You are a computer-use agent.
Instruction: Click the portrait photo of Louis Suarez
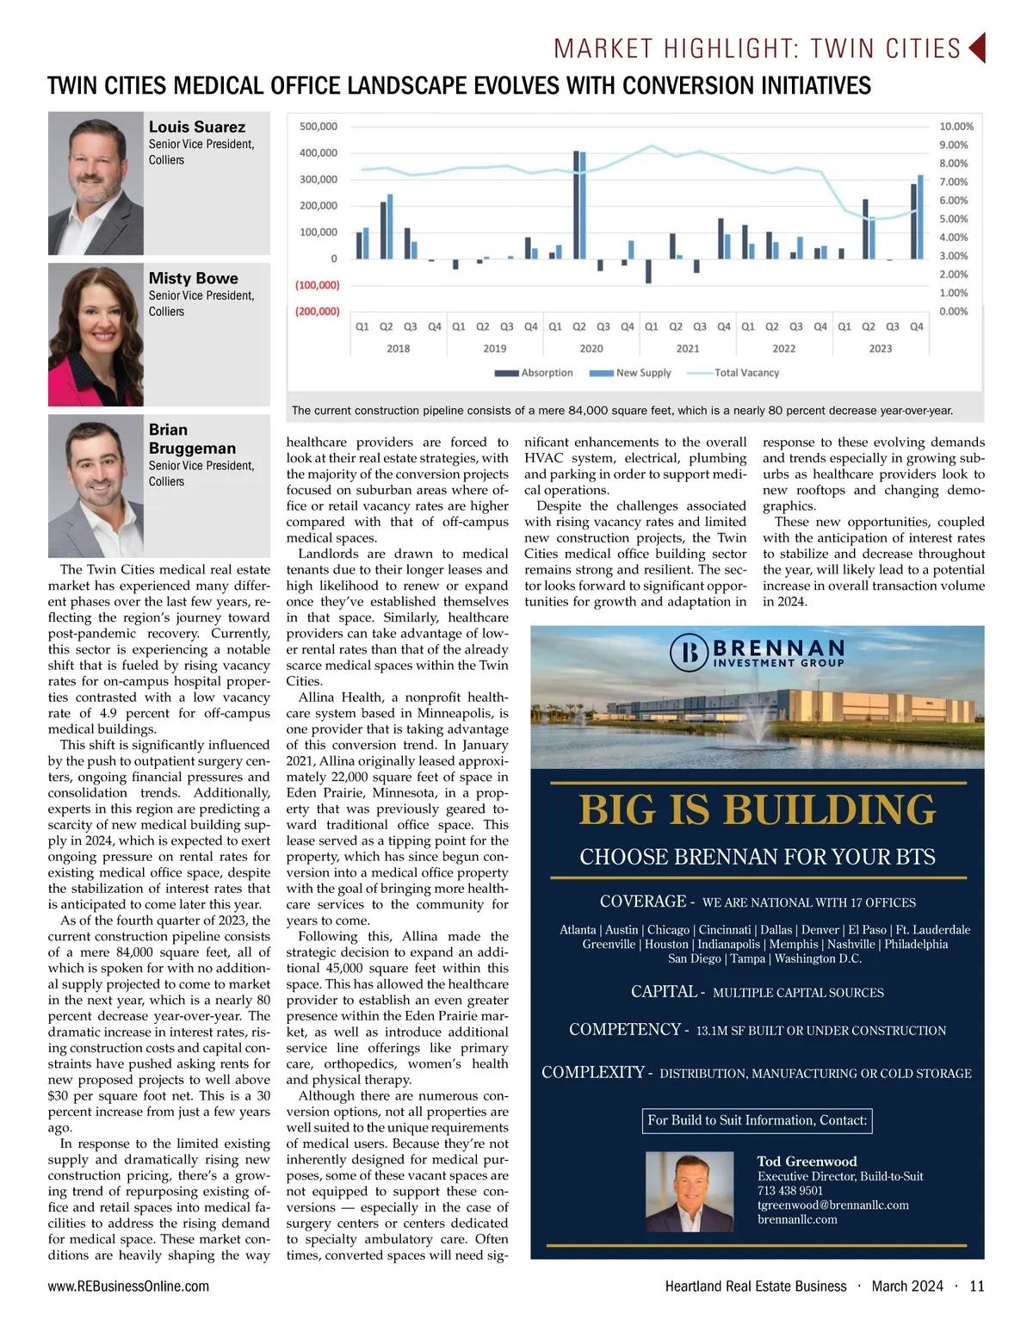tap(96, 183)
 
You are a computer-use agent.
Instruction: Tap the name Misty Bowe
tap(193, 278)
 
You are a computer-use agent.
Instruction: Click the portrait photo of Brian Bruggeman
tap(96, 486)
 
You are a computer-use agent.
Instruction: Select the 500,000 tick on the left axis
tap(318, 127)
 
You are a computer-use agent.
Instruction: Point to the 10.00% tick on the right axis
tap(956, 127)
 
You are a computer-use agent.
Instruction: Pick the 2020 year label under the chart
tap(591, 349)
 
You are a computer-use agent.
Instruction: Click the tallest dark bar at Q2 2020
tap(576, 204)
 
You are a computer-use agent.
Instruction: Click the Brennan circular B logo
tap(689, 654)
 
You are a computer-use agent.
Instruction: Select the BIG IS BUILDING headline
tap(757, 810)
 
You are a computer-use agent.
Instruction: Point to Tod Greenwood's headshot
tap(690, 1192)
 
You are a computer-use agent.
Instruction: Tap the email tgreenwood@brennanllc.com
tap(832, 1205)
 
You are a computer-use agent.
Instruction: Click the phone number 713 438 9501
tap(789, 1190)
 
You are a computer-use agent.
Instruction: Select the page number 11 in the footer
tap(976, 1286)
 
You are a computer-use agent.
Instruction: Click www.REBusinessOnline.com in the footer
tap(128, 1286)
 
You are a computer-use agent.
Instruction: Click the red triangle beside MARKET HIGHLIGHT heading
tap(976, 48)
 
